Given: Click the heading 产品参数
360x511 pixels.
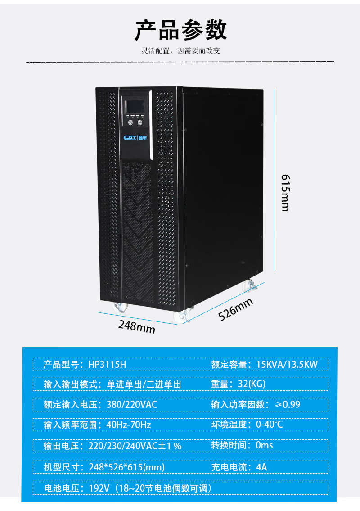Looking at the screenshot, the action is pyautogui.click(x=181, y=31).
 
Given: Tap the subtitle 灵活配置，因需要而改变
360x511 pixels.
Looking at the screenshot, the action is pyautogui.click(x=181, y=51).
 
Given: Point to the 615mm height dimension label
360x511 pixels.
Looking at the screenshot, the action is pyautogui.click(x=285, y=192).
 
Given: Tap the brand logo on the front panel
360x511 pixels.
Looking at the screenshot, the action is pyautogui.click(x=133, y=137).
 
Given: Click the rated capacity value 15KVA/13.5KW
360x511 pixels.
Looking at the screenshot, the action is pyautogui.click(x=287, y=364).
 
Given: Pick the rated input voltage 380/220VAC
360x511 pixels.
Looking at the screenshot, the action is pyautogui.click(x=132, y=404).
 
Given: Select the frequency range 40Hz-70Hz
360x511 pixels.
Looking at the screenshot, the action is pyautogui.click(x=129, y=425).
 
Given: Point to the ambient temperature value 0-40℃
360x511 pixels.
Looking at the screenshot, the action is pyautogui.click(x=269, y=425).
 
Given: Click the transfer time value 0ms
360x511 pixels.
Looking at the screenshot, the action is pyautogui.click(x=264, y=445).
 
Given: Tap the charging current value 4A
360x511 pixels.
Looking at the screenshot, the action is pyautogui.click(x=261, y=467).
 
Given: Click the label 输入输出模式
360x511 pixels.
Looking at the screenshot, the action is pyautogui.click(x=69, y=384).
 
